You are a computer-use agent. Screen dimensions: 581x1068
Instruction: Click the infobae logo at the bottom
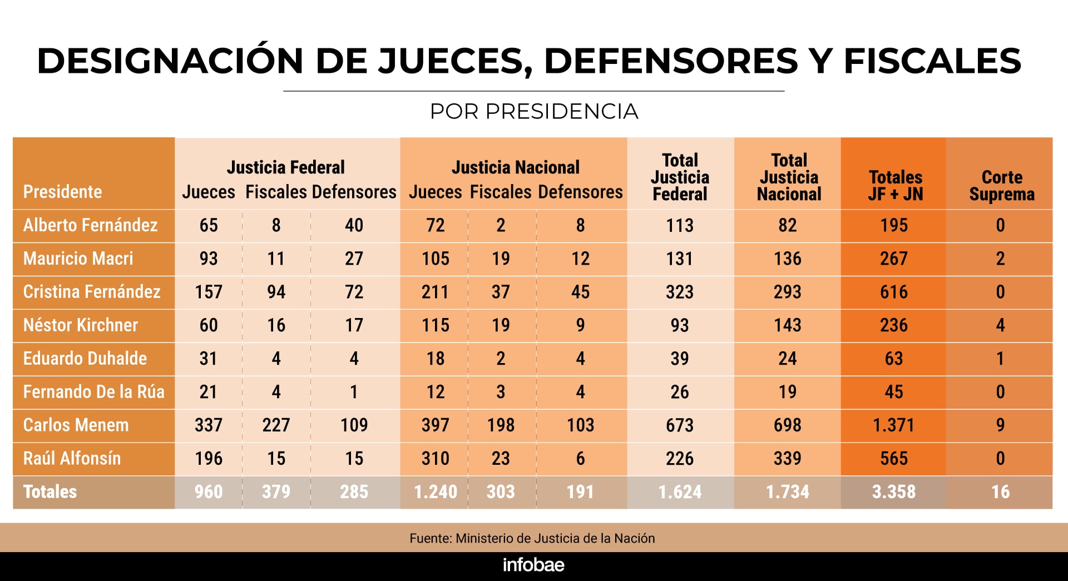click(533, 565)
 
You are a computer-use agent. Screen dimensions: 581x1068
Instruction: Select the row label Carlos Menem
click(76, 425)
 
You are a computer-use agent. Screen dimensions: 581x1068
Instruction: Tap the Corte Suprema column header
click(1001, 185)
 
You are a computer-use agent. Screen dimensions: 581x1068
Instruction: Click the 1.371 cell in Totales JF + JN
click(893, 425)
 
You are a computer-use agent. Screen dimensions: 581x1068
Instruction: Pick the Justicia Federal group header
click(285, 167)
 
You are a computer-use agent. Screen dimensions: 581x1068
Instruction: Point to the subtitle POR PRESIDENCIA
click(533, 112)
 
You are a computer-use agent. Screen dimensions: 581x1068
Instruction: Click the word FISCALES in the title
click(932, 61)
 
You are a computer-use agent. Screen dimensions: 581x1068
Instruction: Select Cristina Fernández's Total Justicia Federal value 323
click(680, 292)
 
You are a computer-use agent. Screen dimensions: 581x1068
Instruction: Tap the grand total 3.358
click(893, 492)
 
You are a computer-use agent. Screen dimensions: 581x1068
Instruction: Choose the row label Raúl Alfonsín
click(72, 459)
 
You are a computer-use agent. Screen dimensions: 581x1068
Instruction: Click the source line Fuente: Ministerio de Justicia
click(532, 538)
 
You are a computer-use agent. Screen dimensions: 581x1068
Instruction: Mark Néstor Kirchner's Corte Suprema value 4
click(1000, 325)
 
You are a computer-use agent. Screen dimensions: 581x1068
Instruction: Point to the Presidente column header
click(62, 192)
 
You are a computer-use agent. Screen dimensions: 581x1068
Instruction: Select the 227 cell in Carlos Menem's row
click(276, 425)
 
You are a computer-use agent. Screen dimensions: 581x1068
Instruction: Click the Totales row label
click(50, 492)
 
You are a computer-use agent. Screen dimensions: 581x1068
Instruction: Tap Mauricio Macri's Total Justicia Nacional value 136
click(788, 259)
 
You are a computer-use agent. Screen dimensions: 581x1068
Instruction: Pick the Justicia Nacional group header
click(515, 167)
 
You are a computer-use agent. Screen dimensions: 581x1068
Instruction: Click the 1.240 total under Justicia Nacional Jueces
click(436, 492)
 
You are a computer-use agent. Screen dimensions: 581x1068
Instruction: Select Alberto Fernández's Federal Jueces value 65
click(209, 225)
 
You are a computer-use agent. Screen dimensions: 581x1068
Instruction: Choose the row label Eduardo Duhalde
click(85, 359)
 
